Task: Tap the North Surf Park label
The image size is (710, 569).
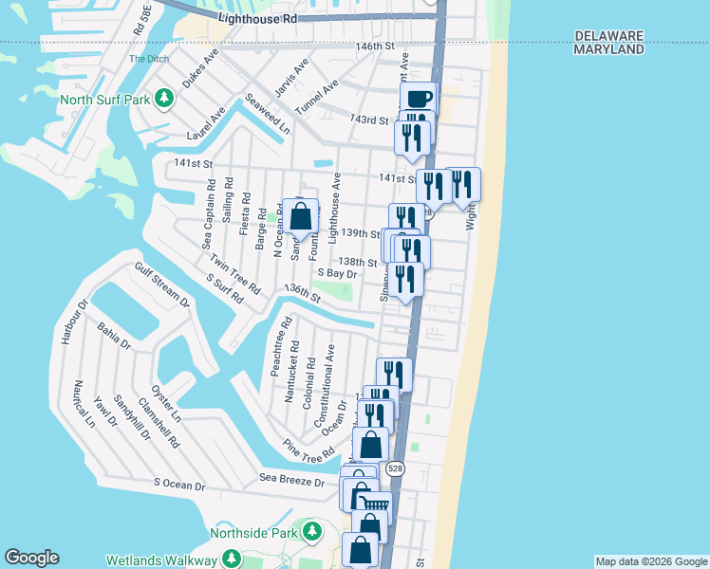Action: point(105,99)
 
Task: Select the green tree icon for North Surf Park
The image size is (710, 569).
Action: point(164,98)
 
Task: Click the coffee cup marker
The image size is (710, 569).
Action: point(418,98)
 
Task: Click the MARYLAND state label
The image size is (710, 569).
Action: point(609,49)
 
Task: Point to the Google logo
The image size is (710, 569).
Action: point(31,558)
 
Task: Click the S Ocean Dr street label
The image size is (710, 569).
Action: point(179,484)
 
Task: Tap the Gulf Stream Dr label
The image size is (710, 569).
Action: point(161,286)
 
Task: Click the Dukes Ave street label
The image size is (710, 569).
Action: point(200,67)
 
